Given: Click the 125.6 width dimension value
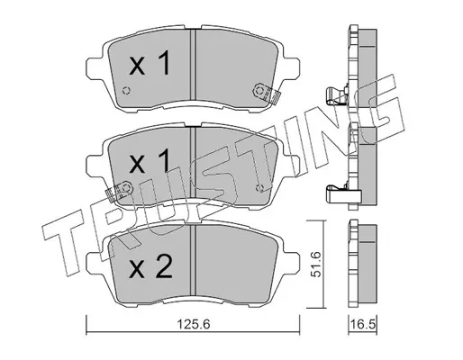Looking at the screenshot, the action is point(194,324).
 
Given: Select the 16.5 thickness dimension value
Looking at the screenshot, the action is point(363,324).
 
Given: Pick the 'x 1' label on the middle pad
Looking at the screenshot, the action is point(150,161).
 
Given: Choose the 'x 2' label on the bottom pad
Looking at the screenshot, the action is point(150,265).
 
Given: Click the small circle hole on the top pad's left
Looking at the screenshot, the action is point(126,91).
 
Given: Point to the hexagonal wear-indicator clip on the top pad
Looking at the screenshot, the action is point(267,93).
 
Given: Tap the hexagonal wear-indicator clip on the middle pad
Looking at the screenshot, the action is point(119,191).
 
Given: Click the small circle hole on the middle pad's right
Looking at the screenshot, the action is point(259,188).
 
